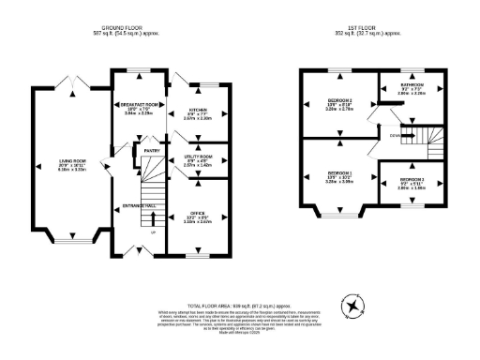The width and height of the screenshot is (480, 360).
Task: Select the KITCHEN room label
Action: (x=199, y=109)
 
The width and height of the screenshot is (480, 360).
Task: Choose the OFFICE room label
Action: (x=198, y=212)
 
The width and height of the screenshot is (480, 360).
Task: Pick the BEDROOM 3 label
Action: (x=412, y=178)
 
